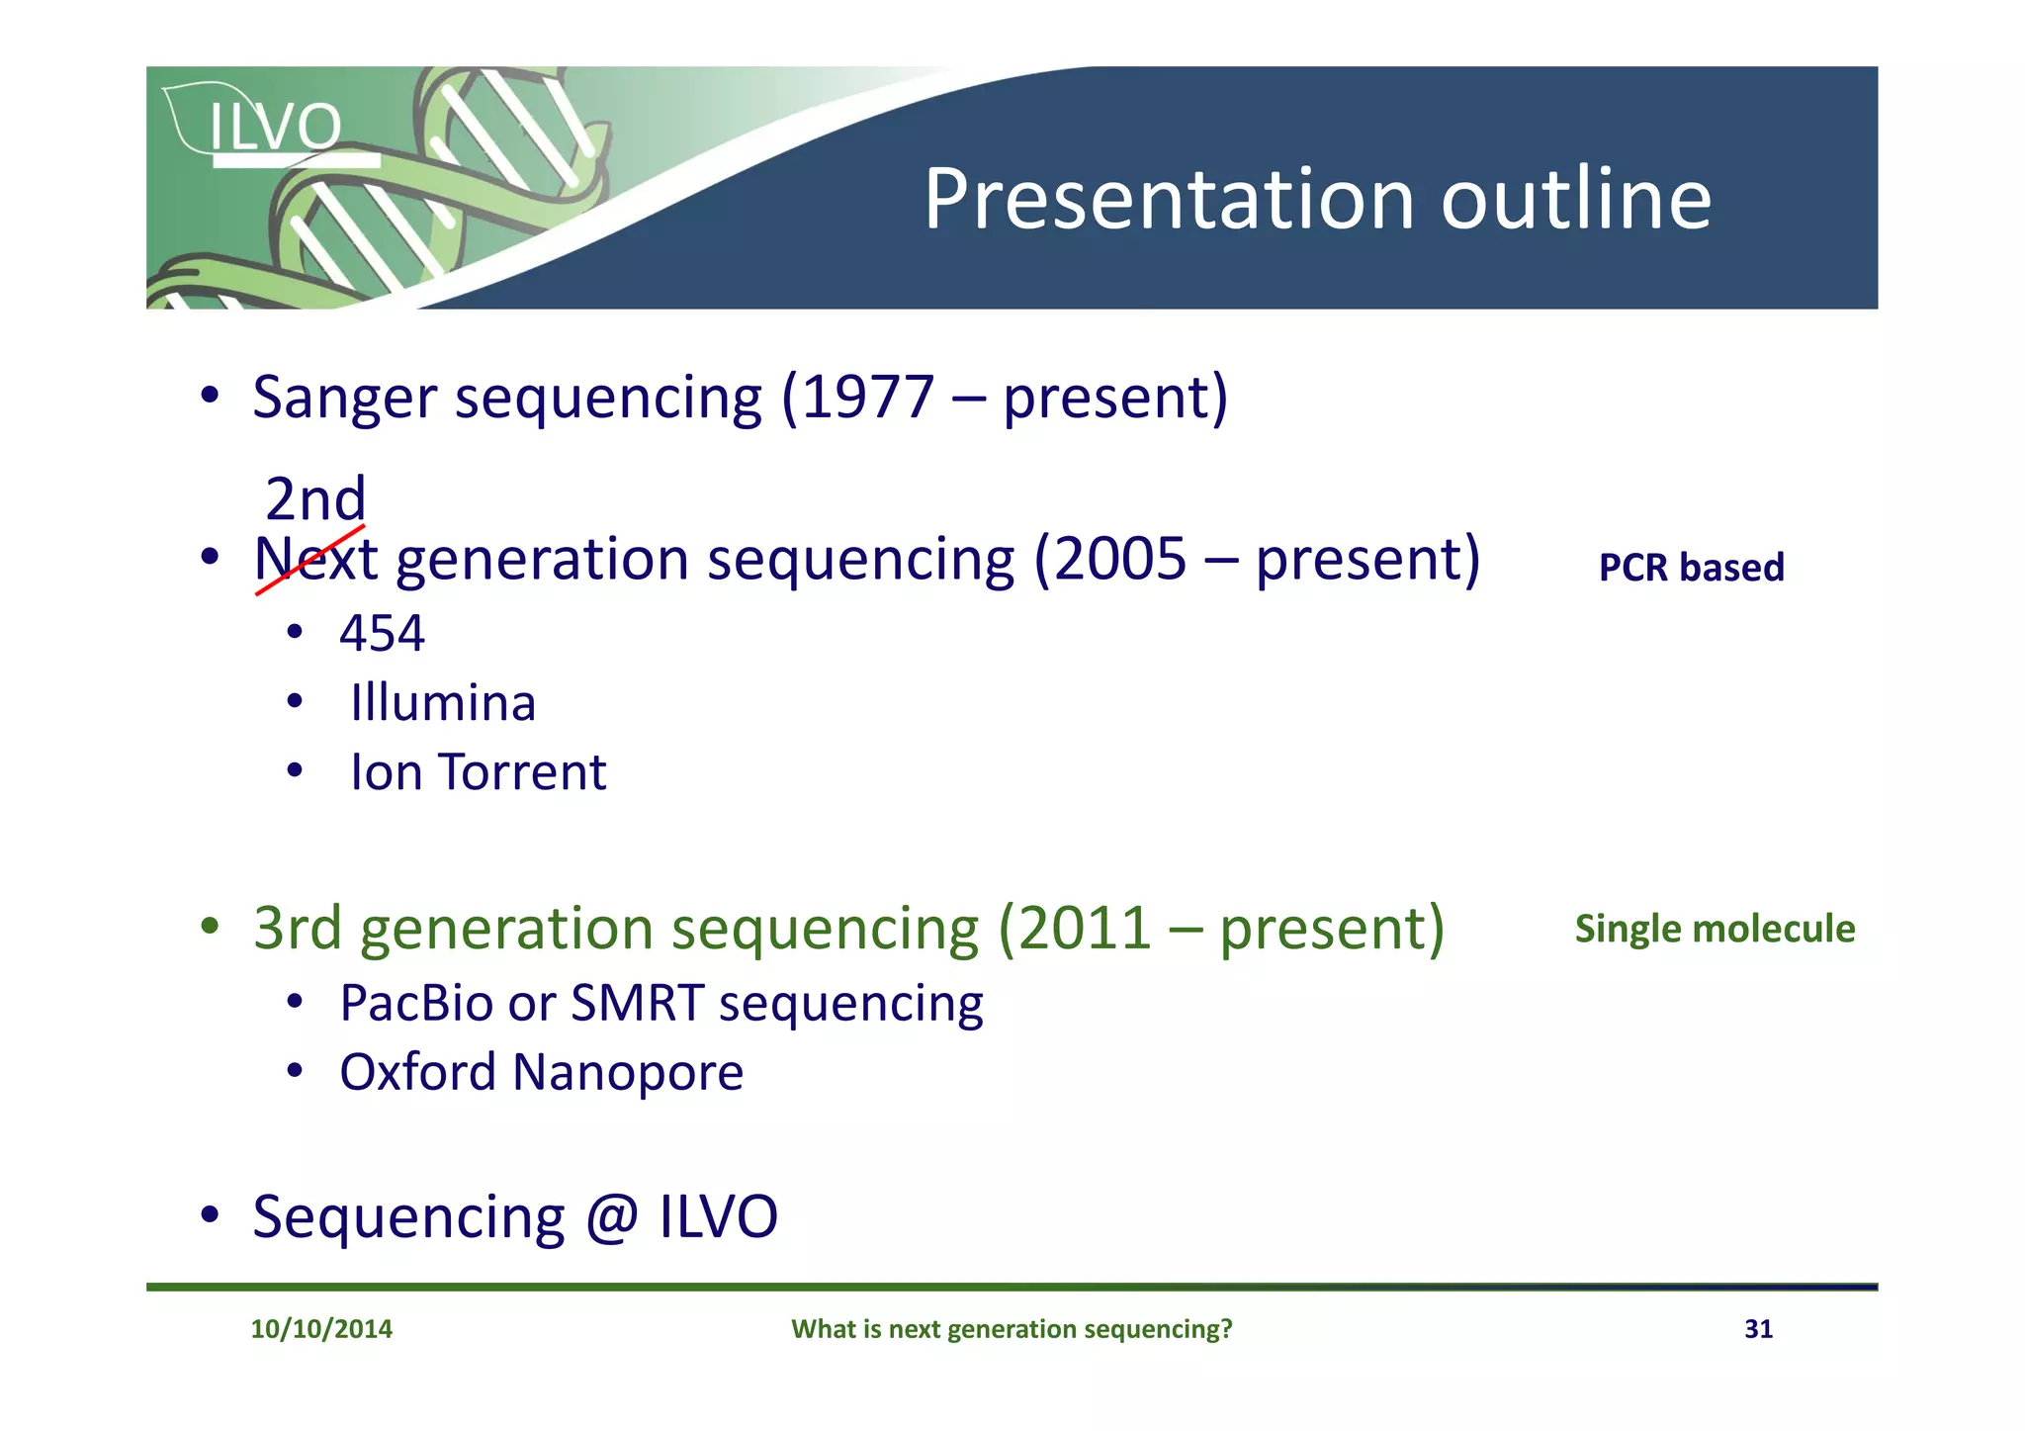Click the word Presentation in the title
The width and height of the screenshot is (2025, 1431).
(x=1170, y=200)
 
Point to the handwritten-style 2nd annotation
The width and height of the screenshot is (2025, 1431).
(x=315, y=498)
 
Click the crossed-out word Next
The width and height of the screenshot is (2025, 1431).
(x=315, y=560)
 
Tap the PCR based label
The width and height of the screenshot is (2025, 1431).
(x=1691, y=568)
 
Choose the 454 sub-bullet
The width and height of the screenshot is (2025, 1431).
(x=382, y=633)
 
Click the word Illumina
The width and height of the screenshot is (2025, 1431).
(x=442, y=703)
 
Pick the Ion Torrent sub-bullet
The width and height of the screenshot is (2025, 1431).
(x=478, y=772)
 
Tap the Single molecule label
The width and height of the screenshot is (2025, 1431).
(x=1715, y=929)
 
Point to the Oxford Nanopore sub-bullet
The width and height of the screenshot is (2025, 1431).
(x=541, y=1073)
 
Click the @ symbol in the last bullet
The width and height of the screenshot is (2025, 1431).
(x=612, y=1217)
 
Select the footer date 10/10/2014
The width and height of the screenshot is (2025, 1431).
(x=321, y=1328)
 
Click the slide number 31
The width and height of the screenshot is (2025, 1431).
(x=1758, y=1328)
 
